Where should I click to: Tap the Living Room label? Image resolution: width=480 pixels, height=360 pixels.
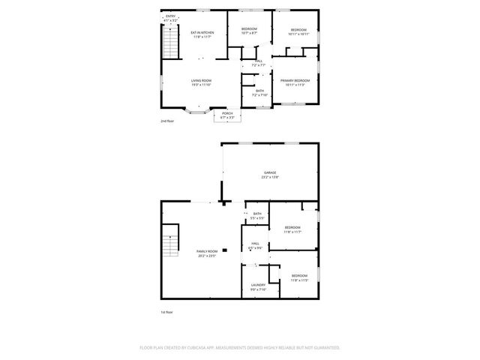click(x=201, y=80)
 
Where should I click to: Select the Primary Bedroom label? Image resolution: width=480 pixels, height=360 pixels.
click(x=295, y=80)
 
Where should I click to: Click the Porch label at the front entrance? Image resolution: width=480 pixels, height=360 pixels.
click(x=226, y=113)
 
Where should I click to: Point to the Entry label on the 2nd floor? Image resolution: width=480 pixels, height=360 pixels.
click(x=170, y=16)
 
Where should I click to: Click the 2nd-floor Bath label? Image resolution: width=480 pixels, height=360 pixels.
click(x=259, y=91)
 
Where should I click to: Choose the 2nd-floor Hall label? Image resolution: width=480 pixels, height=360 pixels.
click(x=259, y=61)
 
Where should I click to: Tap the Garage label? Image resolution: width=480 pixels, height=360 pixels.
click(x=270, y=172)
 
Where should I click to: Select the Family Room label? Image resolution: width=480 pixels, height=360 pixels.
click(x=206, y=251)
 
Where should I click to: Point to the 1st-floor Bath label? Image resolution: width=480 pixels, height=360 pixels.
click(x=256, y=214)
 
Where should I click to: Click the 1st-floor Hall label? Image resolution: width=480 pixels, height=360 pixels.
click(x=256, y=244)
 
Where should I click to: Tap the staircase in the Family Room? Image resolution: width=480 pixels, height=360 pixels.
click(x=173, y=241)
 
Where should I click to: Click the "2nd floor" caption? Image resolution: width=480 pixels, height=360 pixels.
click(x=168, y=121)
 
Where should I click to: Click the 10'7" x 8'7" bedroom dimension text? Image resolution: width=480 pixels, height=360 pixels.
click(x=249, y=33)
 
